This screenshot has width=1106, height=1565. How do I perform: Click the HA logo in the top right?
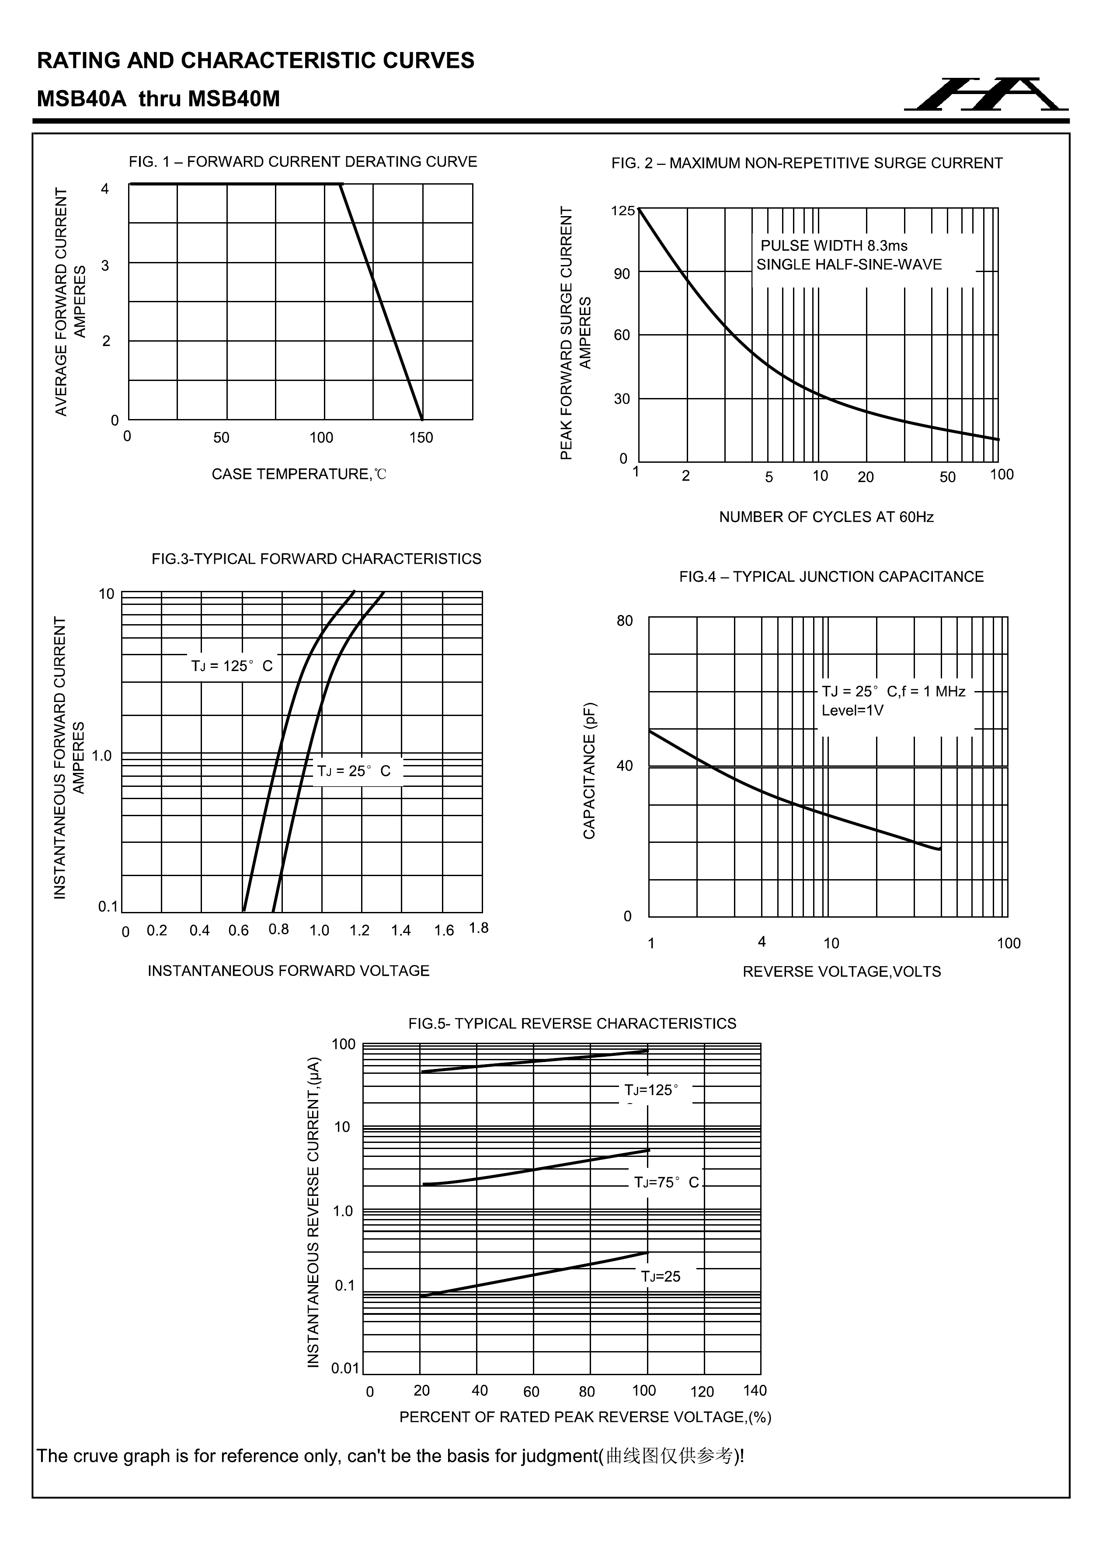tap(986, 95)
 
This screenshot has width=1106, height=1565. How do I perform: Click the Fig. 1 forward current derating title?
tap(303, 162)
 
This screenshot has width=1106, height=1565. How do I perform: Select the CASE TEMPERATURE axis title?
tap(299, 475)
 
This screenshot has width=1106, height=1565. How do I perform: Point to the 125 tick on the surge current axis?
tap(622, 211)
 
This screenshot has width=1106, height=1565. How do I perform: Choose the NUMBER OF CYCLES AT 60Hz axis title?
tap(826, 517)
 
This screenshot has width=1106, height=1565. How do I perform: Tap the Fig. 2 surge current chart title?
tap(807, 164)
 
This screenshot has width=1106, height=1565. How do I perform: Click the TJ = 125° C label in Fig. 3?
tap(232, 667)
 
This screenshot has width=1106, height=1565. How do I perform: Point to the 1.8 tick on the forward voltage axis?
tap(479, 928)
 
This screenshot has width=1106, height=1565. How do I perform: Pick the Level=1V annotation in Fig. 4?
tap(852, 711)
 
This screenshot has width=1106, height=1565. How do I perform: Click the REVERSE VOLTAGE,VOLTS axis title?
tap(842, 972)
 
